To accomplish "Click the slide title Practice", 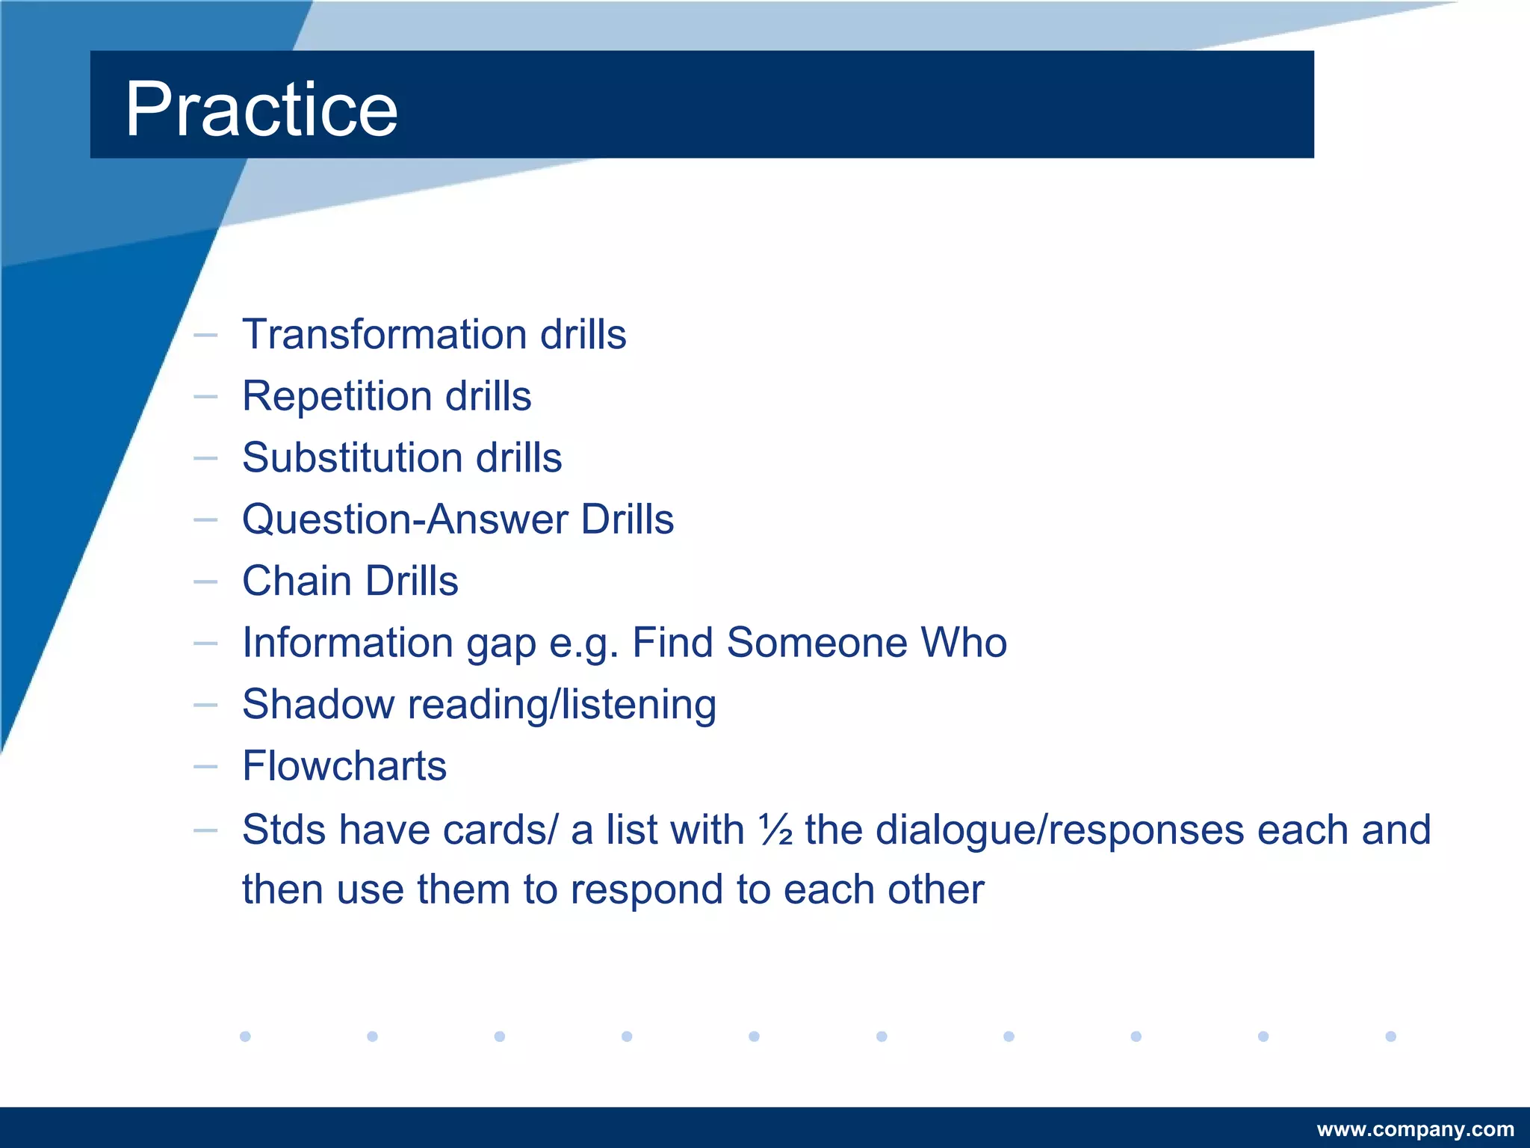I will click(261, 109).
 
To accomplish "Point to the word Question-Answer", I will click(404, 519).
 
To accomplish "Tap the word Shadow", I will click(318, 704).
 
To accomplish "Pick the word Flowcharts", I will click(344, 766).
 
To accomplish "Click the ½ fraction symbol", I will click(775, 830).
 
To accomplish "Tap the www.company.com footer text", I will click(1415, 1129).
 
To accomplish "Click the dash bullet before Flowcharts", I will click(205, 767).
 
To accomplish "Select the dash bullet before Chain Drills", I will click(205, 581).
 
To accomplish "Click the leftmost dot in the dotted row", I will click(245, 1036).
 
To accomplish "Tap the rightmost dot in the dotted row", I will click(1390, 1036).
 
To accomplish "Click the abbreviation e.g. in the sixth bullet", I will click(583, 644).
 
